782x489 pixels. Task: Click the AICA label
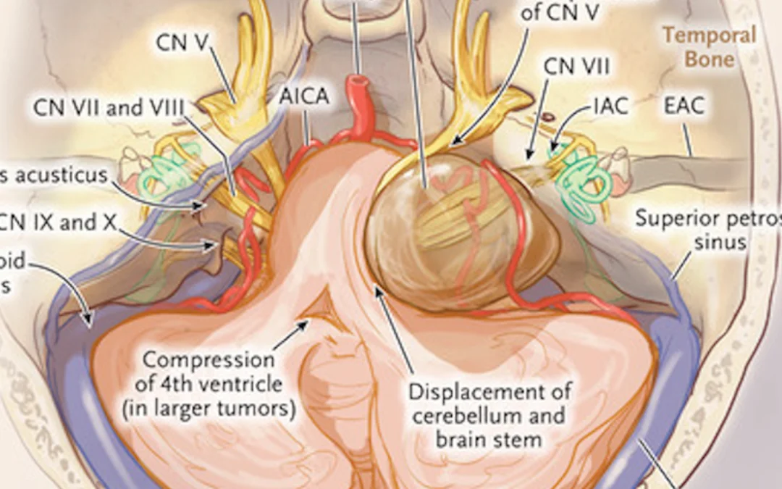point(304,97)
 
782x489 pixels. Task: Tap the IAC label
point(610,106)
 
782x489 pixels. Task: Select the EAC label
point(684,106)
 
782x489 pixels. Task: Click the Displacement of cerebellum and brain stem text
point(489,416)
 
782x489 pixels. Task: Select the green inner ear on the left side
point(167,172)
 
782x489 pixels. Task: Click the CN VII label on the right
point(576,67)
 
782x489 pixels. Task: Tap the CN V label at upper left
point(182,43)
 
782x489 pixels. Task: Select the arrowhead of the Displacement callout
point(377,291)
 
